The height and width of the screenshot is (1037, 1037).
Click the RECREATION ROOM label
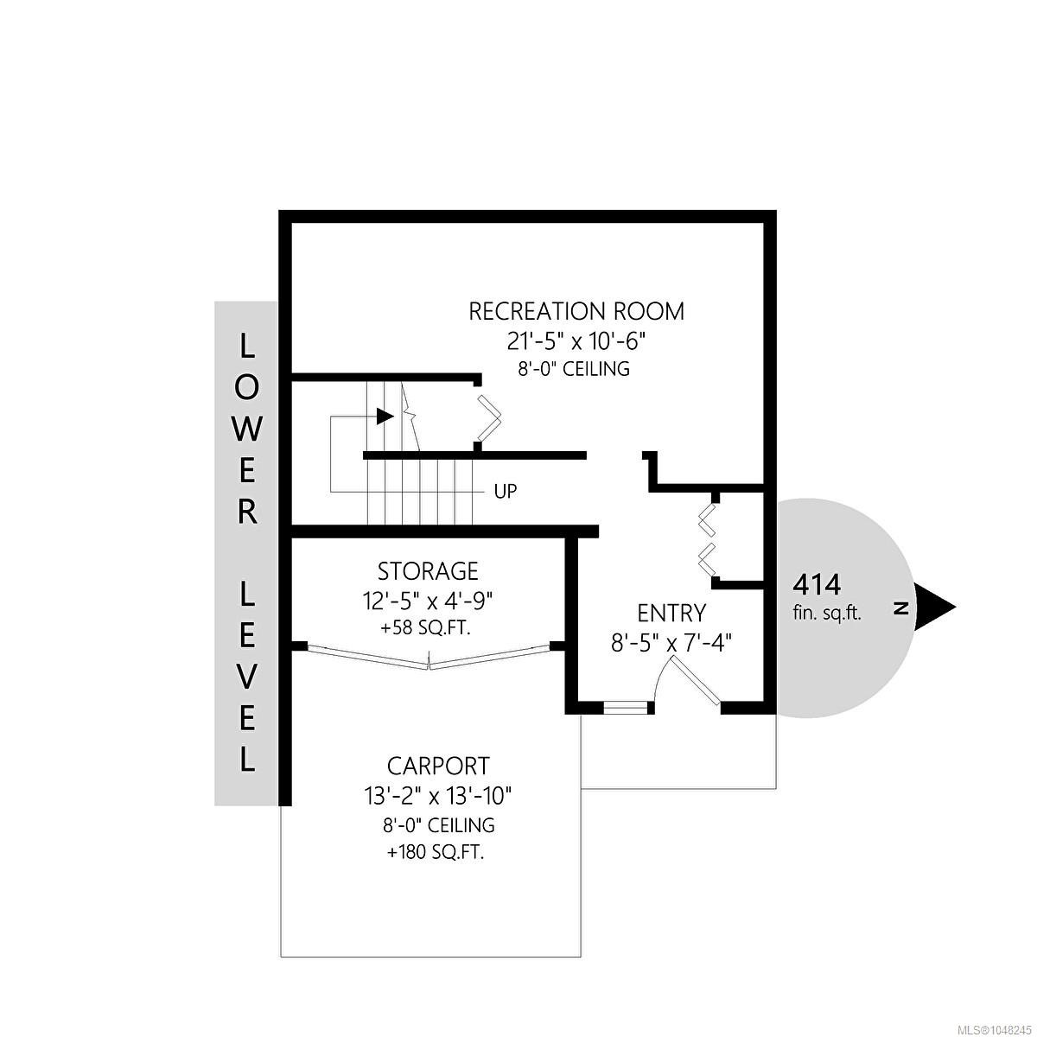(576, 312)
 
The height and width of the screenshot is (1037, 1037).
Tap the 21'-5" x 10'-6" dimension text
(576, 341)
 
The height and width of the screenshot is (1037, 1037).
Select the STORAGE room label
(428, 571)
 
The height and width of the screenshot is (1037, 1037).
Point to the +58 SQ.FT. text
(425, 628)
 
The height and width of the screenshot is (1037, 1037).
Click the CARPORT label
(438, 766)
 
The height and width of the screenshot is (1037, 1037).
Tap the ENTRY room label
(671, 614)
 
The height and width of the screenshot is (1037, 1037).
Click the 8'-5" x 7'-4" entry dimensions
(671, 643)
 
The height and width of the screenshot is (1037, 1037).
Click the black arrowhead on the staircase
(385, 416)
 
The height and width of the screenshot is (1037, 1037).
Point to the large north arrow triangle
(934, 608)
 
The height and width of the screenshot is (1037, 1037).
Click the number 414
(817, 585)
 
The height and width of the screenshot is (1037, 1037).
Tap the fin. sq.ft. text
(827, 614)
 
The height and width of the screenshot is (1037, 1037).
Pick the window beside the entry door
(626, 708)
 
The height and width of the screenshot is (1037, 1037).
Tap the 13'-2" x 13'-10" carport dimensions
(438, 795)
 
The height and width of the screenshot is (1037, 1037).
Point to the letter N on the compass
(900, 608)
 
